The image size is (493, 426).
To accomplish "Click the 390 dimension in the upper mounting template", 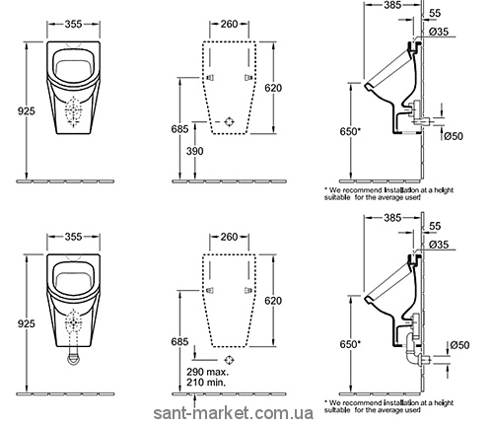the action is (195, 151).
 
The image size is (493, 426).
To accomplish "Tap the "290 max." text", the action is (207, 372).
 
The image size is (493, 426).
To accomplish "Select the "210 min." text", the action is (206, 383).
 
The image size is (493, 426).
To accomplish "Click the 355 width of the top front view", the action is (73, 24).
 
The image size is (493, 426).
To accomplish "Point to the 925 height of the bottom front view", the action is (26, 323).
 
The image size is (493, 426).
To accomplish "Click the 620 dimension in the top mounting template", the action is (273, 88).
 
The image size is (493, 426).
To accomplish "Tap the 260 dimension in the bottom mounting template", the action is (229, 237).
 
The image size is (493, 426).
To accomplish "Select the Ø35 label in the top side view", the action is (439, 32).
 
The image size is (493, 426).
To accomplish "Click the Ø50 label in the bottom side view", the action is (459, 345).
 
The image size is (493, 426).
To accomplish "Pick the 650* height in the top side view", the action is (350, 131).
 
